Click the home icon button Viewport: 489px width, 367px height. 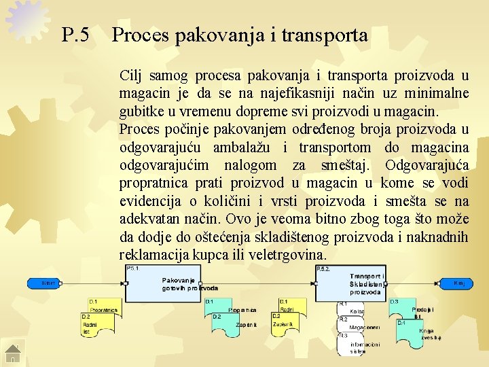point(13,353)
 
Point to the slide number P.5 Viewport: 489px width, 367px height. point(75,35)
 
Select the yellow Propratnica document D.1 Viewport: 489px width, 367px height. point(103,306)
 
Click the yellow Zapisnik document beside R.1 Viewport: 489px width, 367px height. point(286,324)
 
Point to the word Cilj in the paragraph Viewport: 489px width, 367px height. point(131,75)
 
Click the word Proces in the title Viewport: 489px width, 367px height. point(141,35)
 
